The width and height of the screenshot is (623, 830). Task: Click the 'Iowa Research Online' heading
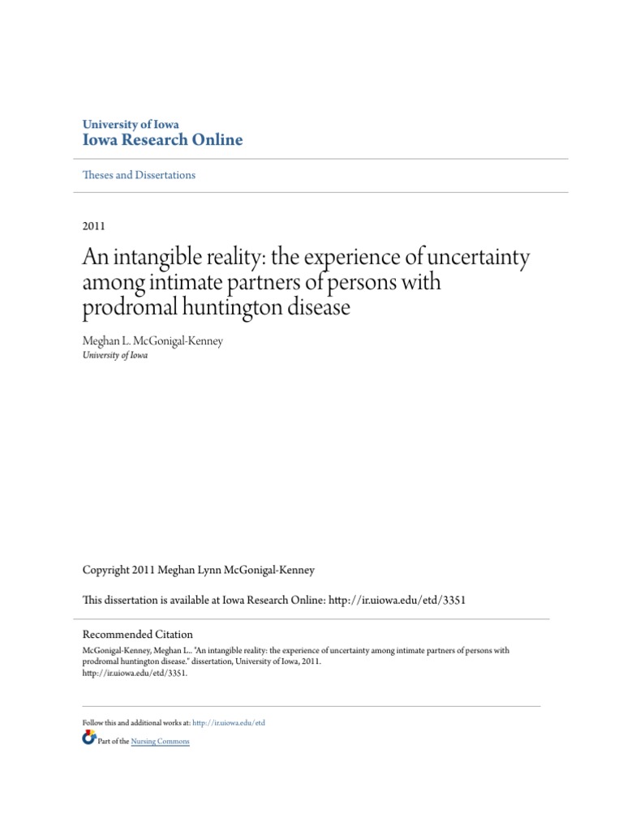coord(162,140)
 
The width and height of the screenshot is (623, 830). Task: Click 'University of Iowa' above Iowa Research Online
coord(131,124)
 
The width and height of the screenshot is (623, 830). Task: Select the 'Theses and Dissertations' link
coord(139,175)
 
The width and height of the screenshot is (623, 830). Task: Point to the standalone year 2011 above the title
coord(94,226)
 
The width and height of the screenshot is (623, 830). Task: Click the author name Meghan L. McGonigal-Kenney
coord(153,341)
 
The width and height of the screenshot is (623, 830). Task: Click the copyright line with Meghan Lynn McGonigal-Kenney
coord(199,571)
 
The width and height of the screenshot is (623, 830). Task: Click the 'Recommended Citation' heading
coord(138,635)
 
